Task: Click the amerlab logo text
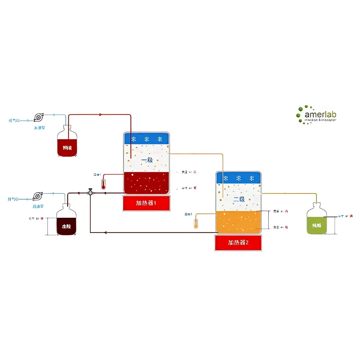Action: pos(320,114)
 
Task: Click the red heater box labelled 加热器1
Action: pos(146,203)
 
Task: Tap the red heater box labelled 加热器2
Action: pos(238,243)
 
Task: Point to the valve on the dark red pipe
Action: pos(90,192)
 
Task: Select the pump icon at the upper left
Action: pos(38,117)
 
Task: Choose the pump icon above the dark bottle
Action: pos(37,196)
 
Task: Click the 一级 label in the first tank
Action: pos(147,160)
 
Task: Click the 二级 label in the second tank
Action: pos(239,199)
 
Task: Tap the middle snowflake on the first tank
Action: pos(146,139)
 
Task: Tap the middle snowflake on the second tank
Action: pos(238,178)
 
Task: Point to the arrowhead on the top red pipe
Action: pos(101,115)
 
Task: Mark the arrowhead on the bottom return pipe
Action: pos(105,232)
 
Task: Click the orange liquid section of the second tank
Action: pos(238,221)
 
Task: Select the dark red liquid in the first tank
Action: pos(146,183)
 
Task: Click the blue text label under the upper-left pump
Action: pos(39,127)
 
